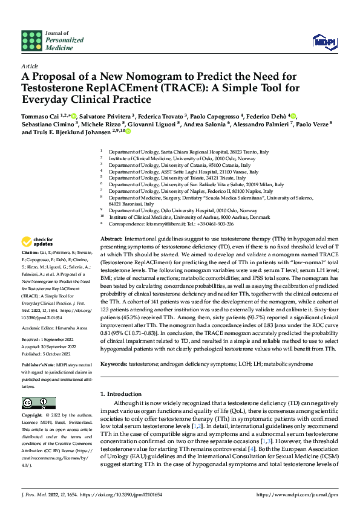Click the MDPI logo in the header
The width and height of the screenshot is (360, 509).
(322, 41)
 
